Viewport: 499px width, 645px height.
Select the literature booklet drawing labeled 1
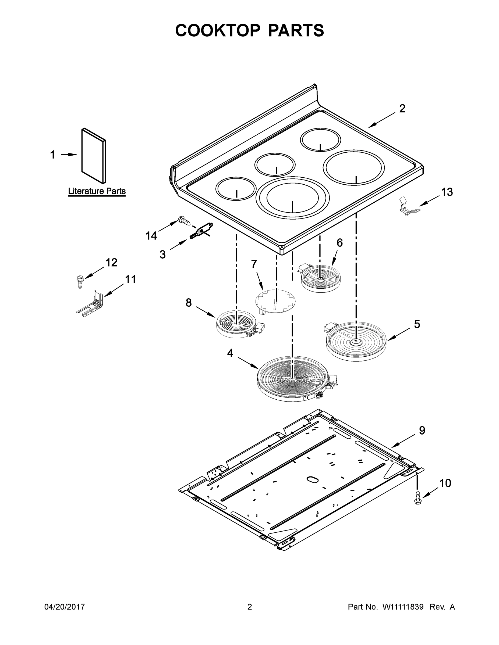[93, 156]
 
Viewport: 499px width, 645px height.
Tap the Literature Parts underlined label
[97, 191]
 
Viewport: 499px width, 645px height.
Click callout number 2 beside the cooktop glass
[402, 109]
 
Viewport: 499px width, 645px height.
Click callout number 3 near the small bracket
[162, 254]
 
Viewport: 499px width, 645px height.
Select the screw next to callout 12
[80, 281]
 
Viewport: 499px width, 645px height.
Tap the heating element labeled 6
[320, 279]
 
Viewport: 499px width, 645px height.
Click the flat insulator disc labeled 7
[275, 301]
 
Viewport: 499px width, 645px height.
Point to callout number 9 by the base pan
[422, 430]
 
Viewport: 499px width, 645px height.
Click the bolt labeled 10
[418, 498]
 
